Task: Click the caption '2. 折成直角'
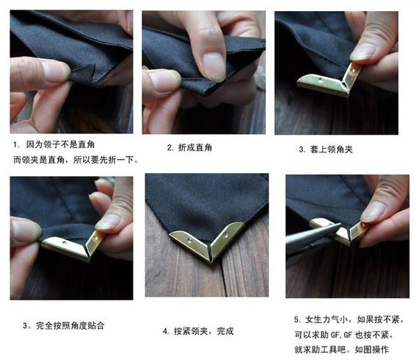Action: pyautogui.click(x=189, y=147)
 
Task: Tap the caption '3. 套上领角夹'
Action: pyautogui.click(x=326, y=149)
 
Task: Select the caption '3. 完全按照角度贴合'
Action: pyautogui.click(x=64, y=325)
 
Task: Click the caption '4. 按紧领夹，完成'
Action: pyautogui.click(x=198, y=331)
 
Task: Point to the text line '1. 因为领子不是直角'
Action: pyautogui.click(x=54, y=144)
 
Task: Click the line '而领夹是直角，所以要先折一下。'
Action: pyautogui.click(x=76, y=160)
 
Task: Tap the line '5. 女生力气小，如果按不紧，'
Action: pyautogui.click(x=349, y=319)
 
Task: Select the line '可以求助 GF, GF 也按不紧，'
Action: pyautogui.click(x=344, y=334)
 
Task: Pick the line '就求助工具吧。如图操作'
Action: pyautogui.click(x=341, y=349)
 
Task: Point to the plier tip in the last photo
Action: pyautogui.click(x=338, y=226)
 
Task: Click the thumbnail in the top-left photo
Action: pyautogui.click(x=55, y=71)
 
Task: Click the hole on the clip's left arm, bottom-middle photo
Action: pyautogui.click(x=189, y=240)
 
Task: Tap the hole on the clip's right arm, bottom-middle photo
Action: pyautogui.click(x=226, y=236)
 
